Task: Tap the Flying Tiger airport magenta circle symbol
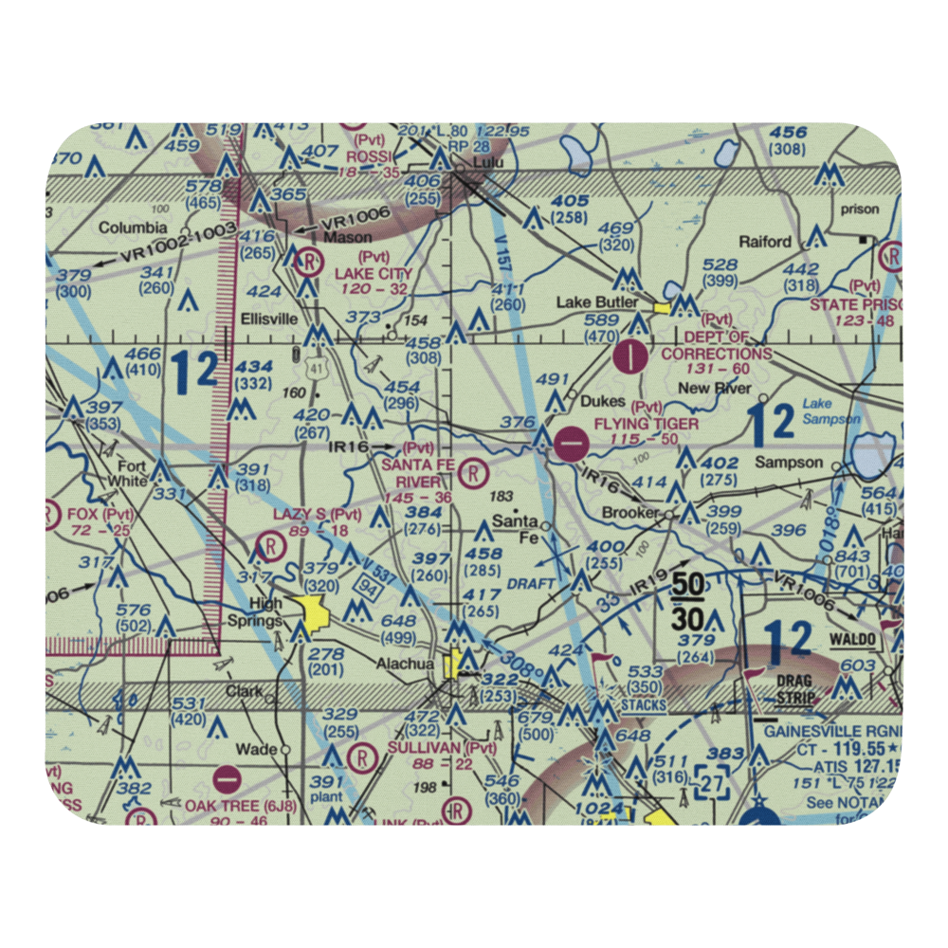pos(572,444)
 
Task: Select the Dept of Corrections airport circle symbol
pos(632,357)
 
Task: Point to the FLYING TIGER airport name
pos(647,424)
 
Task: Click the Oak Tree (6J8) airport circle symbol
pos(228,779)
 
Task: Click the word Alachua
pos(405,664)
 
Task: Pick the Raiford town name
pos(765,242)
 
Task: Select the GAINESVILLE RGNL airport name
pos(826,731)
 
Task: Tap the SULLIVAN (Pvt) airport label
pos(443,747)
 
